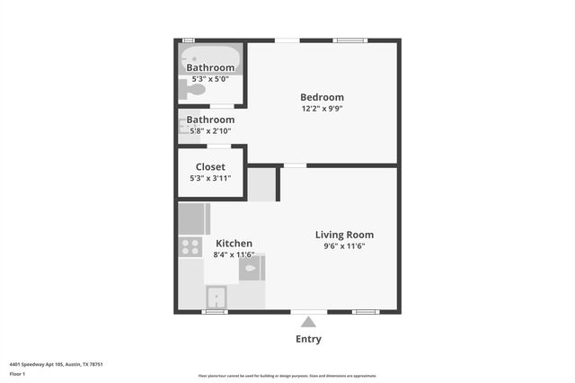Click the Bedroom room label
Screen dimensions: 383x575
pos(322,97)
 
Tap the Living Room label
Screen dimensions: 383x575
pos(344,235)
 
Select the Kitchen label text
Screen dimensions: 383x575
pos(234,244)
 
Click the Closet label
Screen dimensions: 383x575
pos(210,166)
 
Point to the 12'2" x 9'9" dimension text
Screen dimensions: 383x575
pos(322,109)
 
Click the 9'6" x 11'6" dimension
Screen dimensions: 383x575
pos(344,246)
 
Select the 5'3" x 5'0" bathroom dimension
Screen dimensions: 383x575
pos(210,79)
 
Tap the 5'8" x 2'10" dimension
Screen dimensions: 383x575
pos(210,131)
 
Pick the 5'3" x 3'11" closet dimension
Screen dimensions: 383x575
pos(210,178)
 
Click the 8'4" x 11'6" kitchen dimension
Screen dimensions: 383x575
pos(234,255)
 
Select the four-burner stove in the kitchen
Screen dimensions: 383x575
pos(190,245)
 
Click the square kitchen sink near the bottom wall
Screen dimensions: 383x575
pos(217,298)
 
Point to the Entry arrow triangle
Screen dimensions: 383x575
pos(308,322)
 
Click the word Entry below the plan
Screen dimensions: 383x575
pos(308,340)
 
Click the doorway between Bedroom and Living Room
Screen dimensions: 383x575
pos(295,165)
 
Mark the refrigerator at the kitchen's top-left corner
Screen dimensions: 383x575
pos(192,218)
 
